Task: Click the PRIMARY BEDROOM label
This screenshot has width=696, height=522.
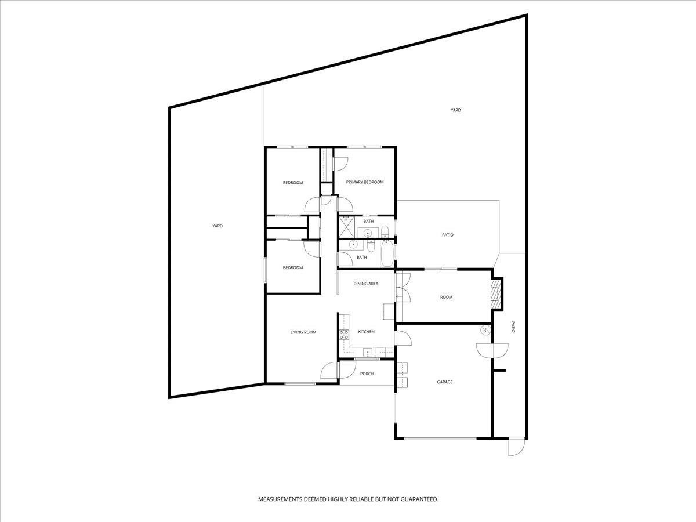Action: click(365, 182)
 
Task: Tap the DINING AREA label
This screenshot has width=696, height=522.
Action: click(366, 284)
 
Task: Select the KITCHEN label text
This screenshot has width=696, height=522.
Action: click(366, 332)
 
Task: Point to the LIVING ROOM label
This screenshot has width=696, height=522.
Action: click(303, 332)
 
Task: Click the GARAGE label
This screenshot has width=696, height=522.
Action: click(445, 382)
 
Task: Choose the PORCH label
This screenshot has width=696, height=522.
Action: click(367, 374)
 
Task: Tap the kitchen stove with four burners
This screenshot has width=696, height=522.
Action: click(343, 333)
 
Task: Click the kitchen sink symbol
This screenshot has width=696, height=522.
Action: click(367, 352)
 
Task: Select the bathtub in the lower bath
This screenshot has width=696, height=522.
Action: click(386, 255)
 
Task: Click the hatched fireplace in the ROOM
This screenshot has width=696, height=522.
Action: click(495, 294)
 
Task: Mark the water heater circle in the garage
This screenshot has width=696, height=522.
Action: click(485, 330)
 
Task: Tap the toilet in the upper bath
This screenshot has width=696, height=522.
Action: click(386, 233)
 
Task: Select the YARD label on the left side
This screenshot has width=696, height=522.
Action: click(217, 226)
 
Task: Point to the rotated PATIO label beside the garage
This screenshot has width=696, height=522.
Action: click(513, 327)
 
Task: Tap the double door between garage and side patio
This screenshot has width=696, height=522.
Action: click(492, 350)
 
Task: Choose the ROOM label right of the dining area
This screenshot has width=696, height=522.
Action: click(446, 298)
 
